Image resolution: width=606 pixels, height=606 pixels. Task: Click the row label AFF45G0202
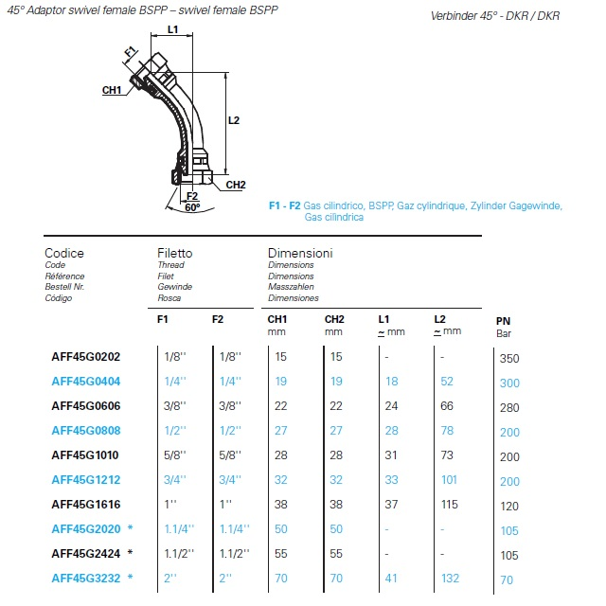click(86, 357)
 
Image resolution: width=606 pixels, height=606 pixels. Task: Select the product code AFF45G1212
click(86, 480)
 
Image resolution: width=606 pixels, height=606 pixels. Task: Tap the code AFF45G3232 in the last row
click(86, 578)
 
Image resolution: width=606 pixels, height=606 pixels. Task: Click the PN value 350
click(508, 359)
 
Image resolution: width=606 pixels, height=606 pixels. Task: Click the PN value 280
click(508, 408)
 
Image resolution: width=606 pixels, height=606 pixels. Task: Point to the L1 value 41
click(392, 578)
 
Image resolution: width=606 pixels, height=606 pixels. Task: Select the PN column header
click(504, 321)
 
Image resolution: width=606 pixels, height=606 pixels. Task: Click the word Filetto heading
click(174, 254)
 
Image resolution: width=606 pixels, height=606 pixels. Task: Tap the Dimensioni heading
click(300, 254)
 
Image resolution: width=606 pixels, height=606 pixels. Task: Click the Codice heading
click(64, 254)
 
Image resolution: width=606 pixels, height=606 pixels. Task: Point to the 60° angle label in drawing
click(192, 206)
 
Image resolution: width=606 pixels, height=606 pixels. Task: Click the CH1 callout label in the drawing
click(112, 90)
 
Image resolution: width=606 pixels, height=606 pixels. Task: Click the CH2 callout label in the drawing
click(236, 185)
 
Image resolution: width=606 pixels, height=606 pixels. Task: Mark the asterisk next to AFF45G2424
click(129, 553)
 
